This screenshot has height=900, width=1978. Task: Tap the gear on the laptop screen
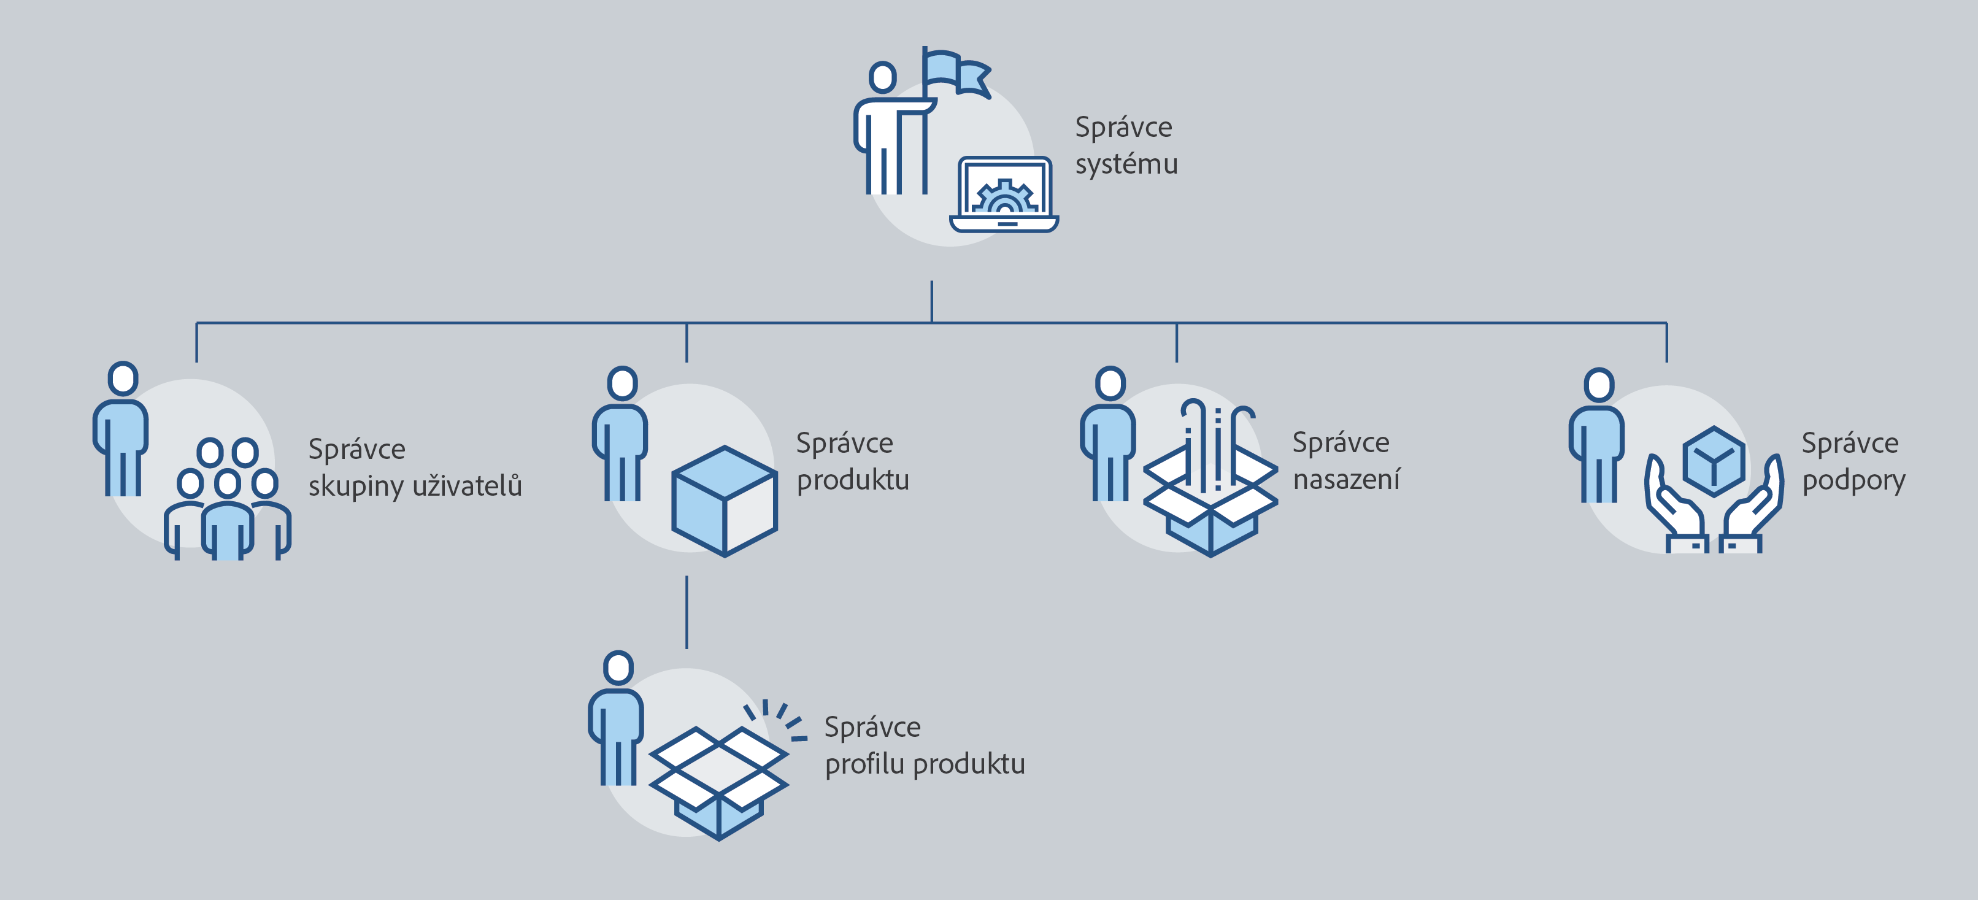(1004, 199)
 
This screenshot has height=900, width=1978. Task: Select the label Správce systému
(1125, 145)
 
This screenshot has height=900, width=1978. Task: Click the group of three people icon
(227, 499)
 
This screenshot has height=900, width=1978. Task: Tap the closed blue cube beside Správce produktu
(724, 501)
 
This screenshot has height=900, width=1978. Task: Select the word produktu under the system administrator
(852, 480)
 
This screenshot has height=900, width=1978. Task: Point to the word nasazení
(1346, 479)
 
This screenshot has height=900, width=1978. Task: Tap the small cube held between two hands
(1713, 461)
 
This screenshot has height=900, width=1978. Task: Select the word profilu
(864, 764)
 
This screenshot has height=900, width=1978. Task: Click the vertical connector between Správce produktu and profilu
(687, 612)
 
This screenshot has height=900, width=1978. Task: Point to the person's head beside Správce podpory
(1599, 385)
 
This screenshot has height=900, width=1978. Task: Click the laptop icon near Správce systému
(1004, 195)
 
